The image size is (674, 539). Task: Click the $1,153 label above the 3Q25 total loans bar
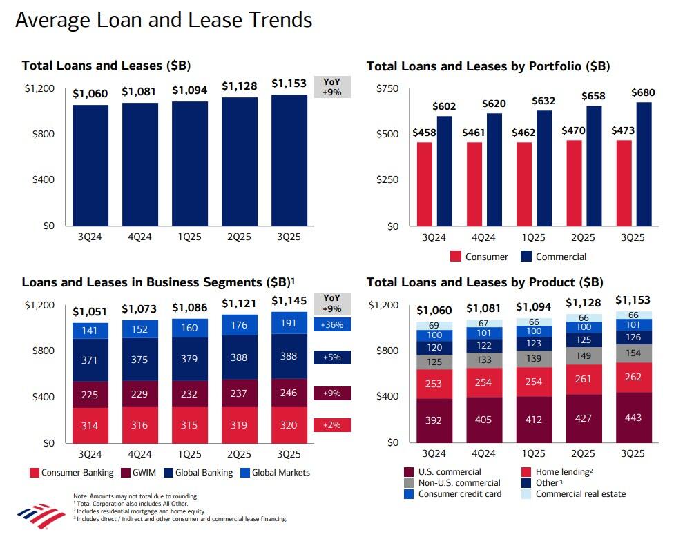tap(289, 84)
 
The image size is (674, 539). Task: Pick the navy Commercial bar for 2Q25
tap(594, 166)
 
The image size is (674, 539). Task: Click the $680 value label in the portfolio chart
tap(644, 93)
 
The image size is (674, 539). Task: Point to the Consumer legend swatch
tap(456, 257)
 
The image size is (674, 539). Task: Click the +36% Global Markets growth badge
tap(332, 324)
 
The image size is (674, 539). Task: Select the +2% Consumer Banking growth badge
tap(332, 425)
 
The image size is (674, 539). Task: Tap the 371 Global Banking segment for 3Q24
tap(90, 360)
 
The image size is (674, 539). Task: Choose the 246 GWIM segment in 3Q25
tap(289, 393)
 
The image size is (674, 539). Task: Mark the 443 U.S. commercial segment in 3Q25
tap(633, 418)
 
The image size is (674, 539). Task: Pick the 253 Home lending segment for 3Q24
tap(434, 384)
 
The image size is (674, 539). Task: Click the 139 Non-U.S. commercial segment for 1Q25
tap(533, 359)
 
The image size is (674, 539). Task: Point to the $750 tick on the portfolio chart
tap(387, 88)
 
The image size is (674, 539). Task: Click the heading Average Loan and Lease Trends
tap(164, 20)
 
